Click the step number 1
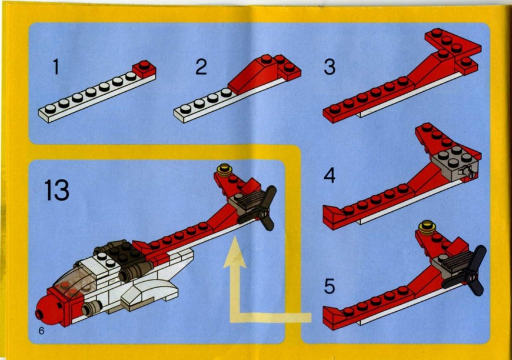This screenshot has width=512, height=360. (56, 67)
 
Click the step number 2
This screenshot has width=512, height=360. (201, 67)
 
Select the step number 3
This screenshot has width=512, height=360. (330, 67)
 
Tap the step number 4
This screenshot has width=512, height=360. (330, 176)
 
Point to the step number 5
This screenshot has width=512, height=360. (330, 286)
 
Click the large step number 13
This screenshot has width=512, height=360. (57, 190)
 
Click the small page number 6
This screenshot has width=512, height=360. (41, 331)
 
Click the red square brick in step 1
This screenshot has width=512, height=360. (144, 69)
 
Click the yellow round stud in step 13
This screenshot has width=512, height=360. (224, 169)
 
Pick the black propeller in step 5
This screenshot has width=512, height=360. (469, 273)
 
